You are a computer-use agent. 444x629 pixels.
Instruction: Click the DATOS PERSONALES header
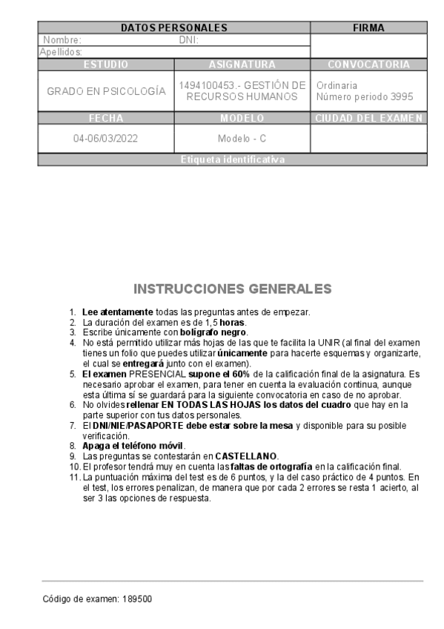pyautogui.click(x=173, y=28)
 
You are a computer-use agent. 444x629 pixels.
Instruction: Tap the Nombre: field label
pyautogui.click(x=62, y=40)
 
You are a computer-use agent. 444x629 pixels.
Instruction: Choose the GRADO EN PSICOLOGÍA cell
pyautogui.click(x=106, y=91)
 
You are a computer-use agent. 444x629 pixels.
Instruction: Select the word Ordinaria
pyautogui.click(x=337, y=85)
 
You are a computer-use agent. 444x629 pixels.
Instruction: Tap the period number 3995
pyautogui.click(x=400, y=97)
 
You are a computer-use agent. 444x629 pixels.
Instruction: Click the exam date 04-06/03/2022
pyautogui.click(x=106, y=139)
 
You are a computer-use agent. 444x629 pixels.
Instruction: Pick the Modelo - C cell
pyautogui.click(x=242, y=139)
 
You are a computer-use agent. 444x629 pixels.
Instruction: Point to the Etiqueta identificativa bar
pyautogui.click(x=233, y=159)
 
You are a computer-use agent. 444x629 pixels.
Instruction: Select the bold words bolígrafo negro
pyautogui.click(x=213, y=332)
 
